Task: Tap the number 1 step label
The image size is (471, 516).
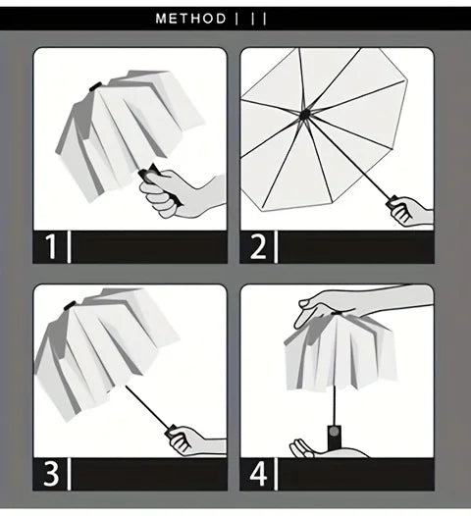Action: click(x=50, y=245)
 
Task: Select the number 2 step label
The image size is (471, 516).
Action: click(x=258, y=245)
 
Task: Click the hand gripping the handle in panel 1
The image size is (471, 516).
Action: click(x=186, y=187)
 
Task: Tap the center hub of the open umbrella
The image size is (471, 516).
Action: click(x=305, y=115)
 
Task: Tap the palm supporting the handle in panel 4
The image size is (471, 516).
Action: click(x=312, y=448)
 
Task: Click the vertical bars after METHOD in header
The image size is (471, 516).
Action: click(x=251, y=19)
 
